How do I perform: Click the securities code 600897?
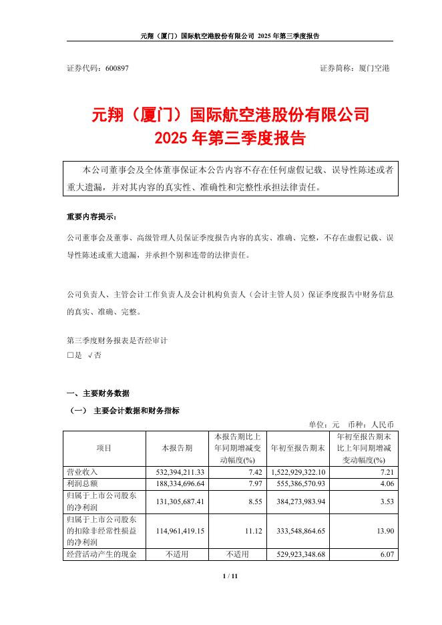118,68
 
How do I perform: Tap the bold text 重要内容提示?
91,218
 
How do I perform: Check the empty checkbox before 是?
71,356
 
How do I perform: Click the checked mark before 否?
90,356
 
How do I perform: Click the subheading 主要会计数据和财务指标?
137,410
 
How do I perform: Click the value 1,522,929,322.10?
298,472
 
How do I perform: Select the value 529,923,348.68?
299,553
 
